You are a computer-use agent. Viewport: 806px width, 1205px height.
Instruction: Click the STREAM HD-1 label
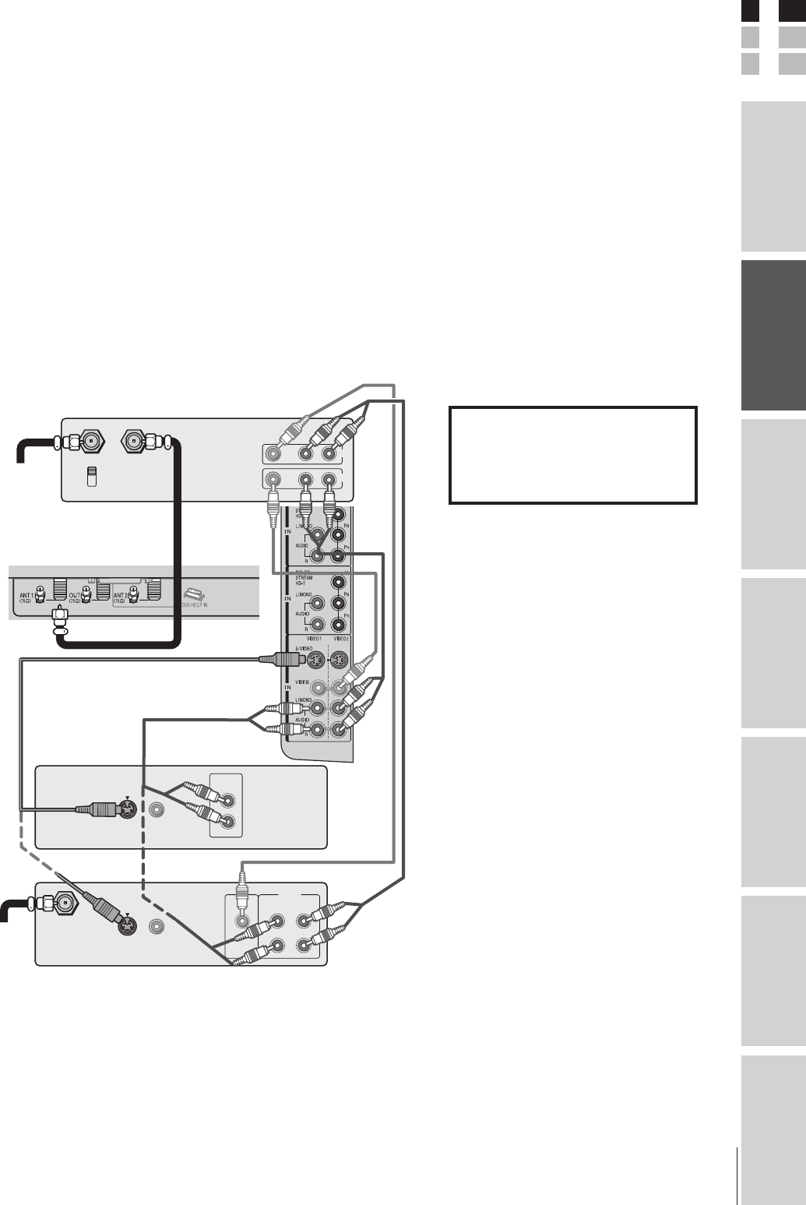click(304, 580)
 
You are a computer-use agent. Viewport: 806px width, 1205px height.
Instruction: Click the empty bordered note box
click(572, 455)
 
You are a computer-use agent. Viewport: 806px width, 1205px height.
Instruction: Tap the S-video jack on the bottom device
click(125, 926)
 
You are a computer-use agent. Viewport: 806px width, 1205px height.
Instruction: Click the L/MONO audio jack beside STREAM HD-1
click(317, 601)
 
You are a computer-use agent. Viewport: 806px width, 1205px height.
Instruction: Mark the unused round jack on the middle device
click(157, 811)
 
